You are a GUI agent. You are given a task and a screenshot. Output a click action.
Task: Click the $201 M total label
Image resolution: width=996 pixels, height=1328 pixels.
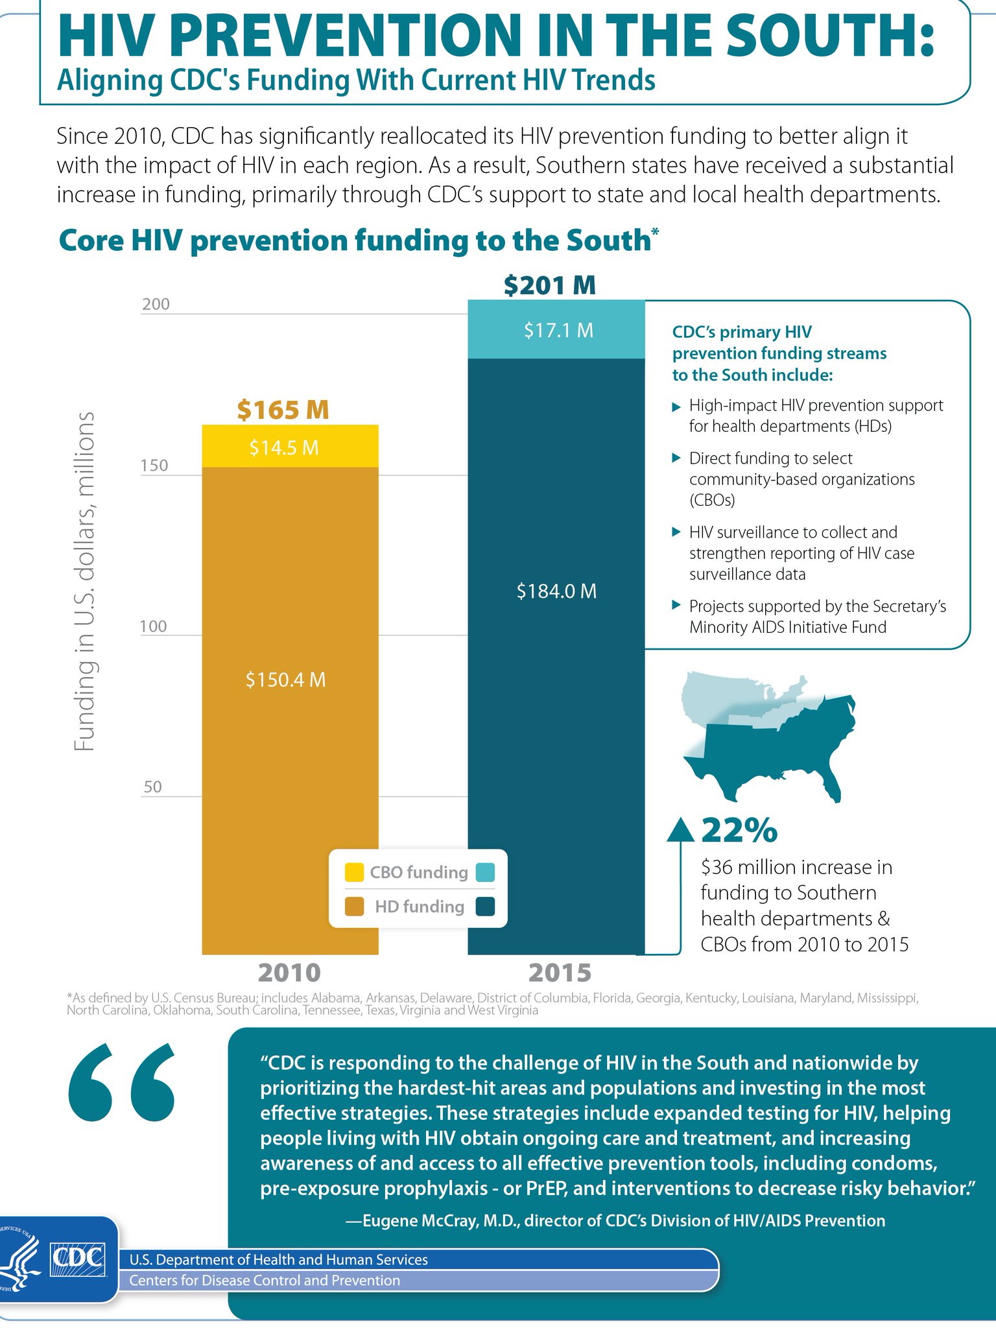coord(549,285)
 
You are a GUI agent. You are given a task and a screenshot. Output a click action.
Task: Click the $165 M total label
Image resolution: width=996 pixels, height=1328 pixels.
coord(283,410)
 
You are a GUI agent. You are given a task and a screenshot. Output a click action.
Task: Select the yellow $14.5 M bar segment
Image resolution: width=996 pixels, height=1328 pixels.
coord(290,447)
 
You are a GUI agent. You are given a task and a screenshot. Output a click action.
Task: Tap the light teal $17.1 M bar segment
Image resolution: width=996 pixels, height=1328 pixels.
coord(556,330)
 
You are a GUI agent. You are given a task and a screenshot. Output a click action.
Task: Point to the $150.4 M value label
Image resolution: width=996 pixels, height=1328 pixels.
coord(285,680)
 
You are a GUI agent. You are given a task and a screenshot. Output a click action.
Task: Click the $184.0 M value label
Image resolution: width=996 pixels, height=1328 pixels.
coord(556,591)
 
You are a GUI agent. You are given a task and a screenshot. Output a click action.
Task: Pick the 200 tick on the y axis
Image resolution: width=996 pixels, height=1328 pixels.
coord(156,304)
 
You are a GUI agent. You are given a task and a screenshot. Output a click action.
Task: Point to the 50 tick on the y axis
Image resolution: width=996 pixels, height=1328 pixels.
coord(152,787)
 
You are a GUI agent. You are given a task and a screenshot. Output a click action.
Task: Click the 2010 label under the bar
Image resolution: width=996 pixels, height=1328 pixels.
coord(289,973)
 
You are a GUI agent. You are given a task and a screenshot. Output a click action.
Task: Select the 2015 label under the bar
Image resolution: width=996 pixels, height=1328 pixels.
coord(560,973)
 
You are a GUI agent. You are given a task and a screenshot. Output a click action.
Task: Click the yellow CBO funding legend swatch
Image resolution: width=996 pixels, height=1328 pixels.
coord(354,872)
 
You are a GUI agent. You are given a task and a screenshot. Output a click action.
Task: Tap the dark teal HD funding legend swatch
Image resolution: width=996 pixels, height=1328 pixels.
coord(485,906)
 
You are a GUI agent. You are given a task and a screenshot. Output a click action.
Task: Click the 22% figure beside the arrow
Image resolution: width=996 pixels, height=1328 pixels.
coord(739,830)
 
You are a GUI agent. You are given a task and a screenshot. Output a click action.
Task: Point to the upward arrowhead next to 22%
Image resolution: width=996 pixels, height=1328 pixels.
coord(680,829)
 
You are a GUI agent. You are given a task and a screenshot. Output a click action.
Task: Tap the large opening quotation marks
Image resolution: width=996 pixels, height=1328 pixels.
coord(122,1084)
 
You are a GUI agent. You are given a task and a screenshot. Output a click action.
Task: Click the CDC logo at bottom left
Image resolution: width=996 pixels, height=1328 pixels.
coord(78,1258)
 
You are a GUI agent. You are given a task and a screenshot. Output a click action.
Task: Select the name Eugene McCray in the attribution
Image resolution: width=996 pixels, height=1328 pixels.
coord(429,1220)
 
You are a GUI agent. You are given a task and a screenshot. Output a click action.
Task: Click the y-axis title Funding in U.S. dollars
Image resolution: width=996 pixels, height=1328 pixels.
coord(84,581)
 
